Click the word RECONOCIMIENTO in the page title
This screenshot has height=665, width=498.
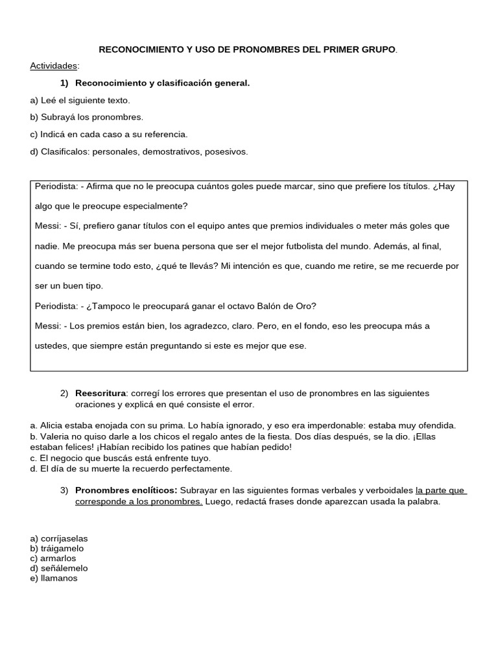click(137, 49)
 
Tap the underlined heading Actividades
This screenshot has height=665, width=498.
click(53, 66)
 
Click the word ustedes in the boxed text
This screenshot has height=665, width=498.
click(52, 346)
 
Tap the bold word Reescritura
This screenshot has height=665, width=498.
click(100, 394)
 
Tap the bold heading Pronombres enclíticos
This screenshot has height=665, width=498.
click(126, 490)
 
